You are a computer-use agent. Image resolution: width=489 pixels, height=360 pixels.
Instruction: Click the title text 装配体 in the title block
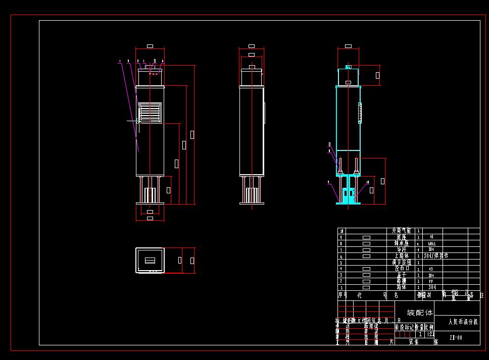tap(420, 313)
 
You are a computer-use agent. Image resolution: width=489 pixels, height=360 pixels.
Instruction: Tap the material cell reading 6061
tap(431, 243)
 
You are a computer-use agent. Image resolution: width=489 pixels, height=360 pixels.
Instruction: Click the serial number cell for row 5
tap(341, 262)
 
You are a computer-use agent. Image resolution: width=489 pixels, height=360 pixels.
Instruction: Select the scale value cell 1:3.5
tap(430, 334)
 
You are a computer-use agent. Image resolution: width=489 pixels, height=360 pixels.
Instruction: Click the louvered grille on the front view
tap(150, 113)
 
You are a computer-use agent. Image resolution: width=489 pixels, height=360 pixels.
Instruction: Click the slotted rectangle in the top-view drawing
tap(150, 261)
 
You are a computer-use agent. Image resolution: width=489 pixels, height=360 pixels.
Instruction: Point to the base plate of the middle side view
tap(252, 203)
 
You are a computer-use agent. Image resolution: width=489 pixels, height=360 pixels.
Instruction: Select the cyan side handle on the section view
tap(360, 113)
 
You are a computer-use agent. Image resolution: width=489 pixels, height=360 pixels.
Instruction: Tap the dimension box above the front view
tap(150, 46)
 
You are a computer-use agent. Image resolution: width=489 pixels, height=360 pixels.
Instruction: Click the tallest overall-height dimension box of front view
tap(192, 134)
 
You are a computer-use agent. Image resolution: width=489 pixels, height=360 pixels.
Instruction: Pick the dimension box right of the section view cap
tap(377, 75)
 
